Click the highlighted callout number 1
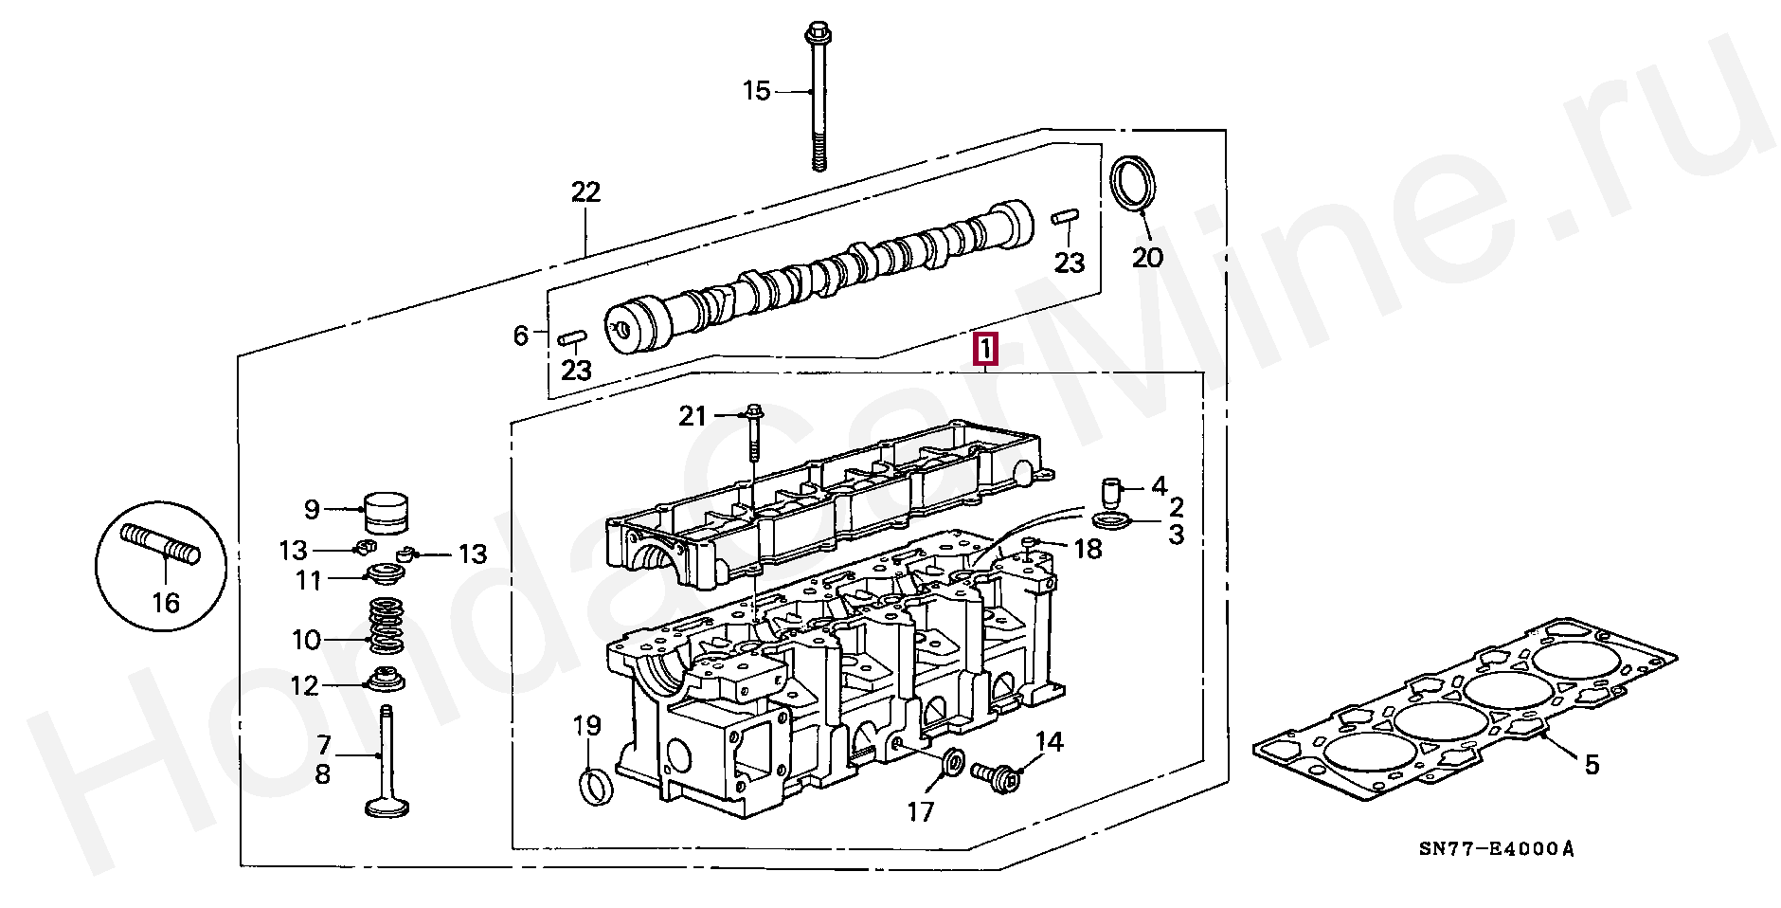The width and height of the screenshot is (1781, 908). tap(985, 350)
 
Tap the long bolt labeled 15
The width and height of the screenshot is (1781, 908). tap(817, 98)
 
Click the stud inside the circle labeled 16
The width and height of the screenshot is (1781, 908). tap(161, 544)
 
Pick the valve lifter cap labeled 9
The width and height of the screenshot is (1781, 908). tap(386, 513)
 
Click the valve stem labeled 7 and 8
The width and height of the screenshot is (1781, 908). tap(387, 760)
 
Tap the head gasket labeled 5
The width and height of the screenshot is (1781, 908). tap(1465, 711)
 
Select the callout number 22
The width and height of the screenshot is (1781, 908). tap(586, 192)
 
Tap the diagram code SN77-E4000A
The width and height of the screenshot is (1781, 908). tap(1496, 849)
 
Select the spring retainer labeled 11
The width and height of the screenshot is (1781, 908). tap(387, 573)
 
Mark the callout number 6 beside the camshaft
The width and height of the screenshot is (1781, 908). tap(520, 336)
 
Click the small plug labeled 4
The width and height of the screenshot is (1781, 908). tap(1110, 492)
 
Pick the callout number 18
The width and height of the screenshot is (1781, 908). tap(1088, 548)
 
